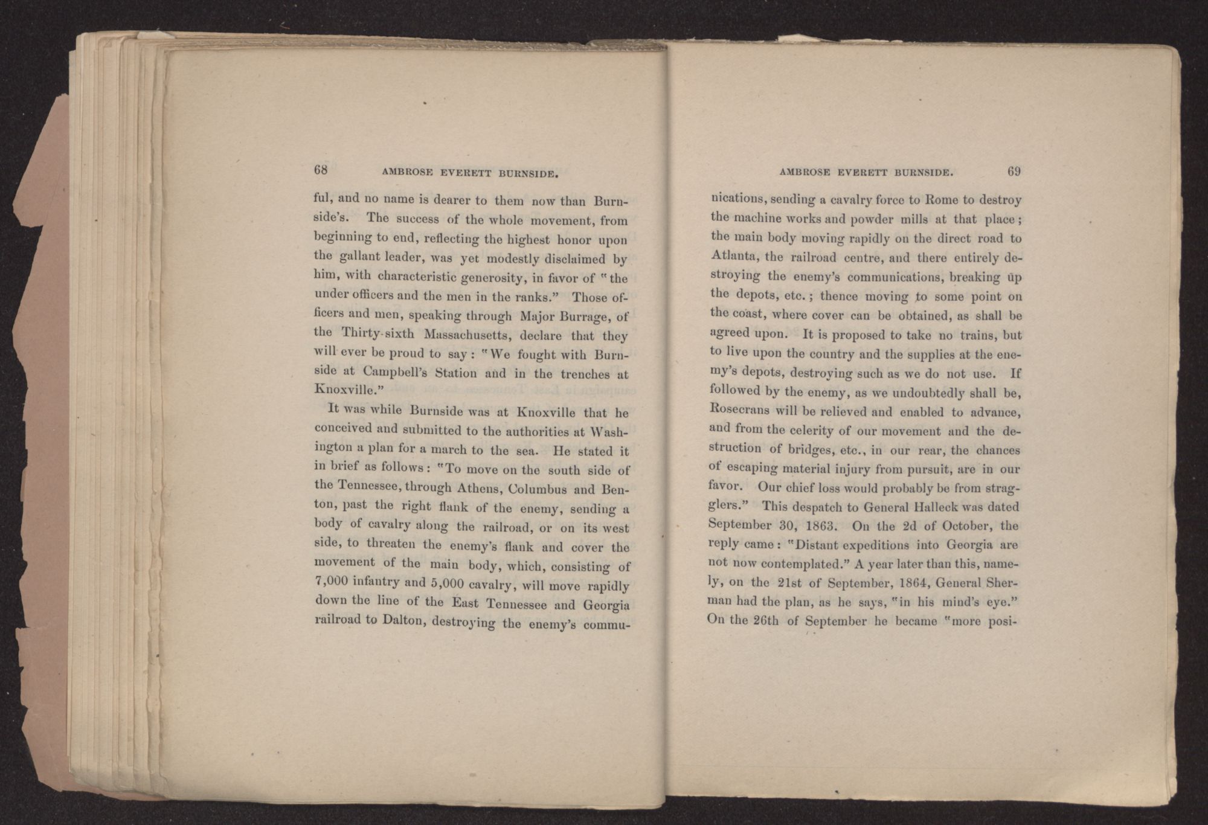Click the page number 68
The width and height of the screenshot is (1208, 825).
point(320,170)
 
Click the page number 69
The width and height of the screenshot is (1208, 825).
point(1014,172)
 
